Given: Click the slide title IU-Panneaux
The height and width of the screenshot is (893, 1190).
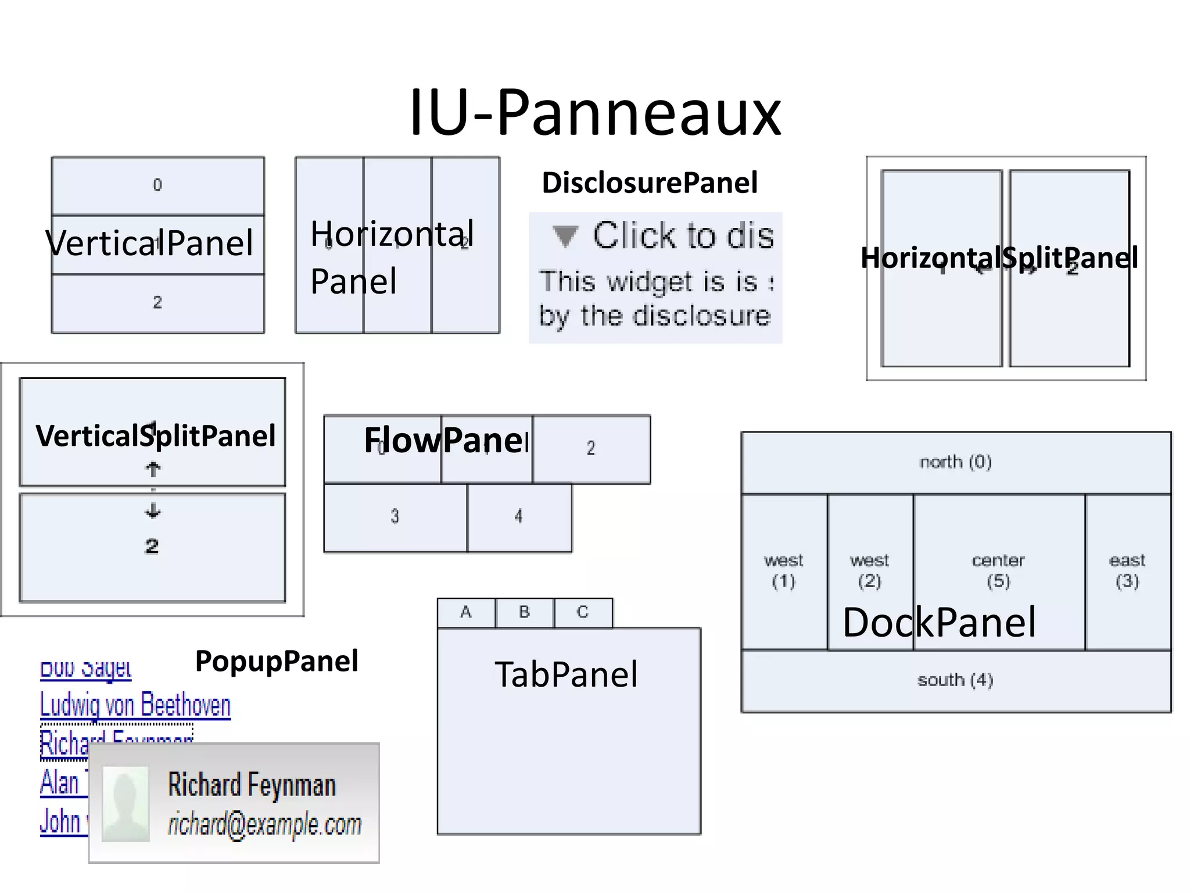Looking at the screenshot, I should point(595,112).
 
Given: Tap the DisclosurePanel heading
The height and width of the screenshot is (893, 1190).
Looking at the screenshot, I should point(650,183).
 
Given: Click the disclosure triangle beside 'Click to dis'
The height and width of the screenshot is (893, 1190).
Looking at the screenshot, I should point(565,236).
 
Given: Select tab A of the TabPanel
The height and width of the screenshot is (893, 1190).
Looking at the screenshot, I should point(466,612).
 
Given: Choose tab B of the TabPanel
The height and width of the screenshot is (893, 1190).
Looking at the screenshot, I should point(525,612).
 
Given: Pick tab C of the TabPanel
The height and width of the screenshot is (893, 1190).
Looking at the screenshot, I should point(583,612).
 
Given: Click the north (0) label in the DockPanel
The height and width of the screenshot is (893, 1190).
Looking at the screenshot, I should point(956,462).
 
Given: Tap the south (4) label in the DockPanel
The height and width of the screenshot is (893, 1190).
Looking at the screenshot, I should point(956,680).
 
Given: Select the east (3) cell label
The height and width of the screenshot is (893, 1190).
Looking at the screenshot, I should point(1127,570).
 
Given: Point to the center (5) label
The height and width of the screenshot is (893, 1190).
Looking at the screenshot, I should point(998,570).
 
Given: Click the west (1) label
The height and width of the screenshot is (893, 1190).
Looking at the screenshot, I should point(783,570).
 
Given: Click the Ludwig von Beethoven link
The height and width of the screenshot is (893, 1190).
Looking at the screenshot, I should point(135,705).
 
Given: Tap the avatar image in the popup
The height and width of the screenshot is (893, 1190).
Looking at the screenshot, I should point(126,803).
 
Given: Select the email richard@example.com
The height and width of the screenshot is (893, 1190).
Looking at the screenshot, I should point(264,824).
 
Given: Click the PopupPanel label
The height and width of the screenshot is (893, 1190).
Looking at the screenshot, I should point(277,661).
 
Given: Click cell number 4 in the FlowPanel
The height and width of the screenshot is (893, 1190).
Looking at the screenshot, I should point(518,516).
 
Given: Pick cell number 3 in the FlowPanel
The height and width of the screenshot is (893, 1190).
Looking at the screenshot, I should point(395,516).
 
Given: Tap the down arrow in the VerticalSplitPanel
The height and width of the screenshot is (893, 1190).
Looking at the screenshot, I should point(153,511).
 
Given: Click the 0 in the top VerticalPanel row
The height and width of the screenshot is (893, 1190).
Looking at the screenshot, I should point(157,185).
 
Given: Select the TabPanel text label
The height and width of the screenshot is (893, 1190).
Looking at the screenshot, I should point(567,674).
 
